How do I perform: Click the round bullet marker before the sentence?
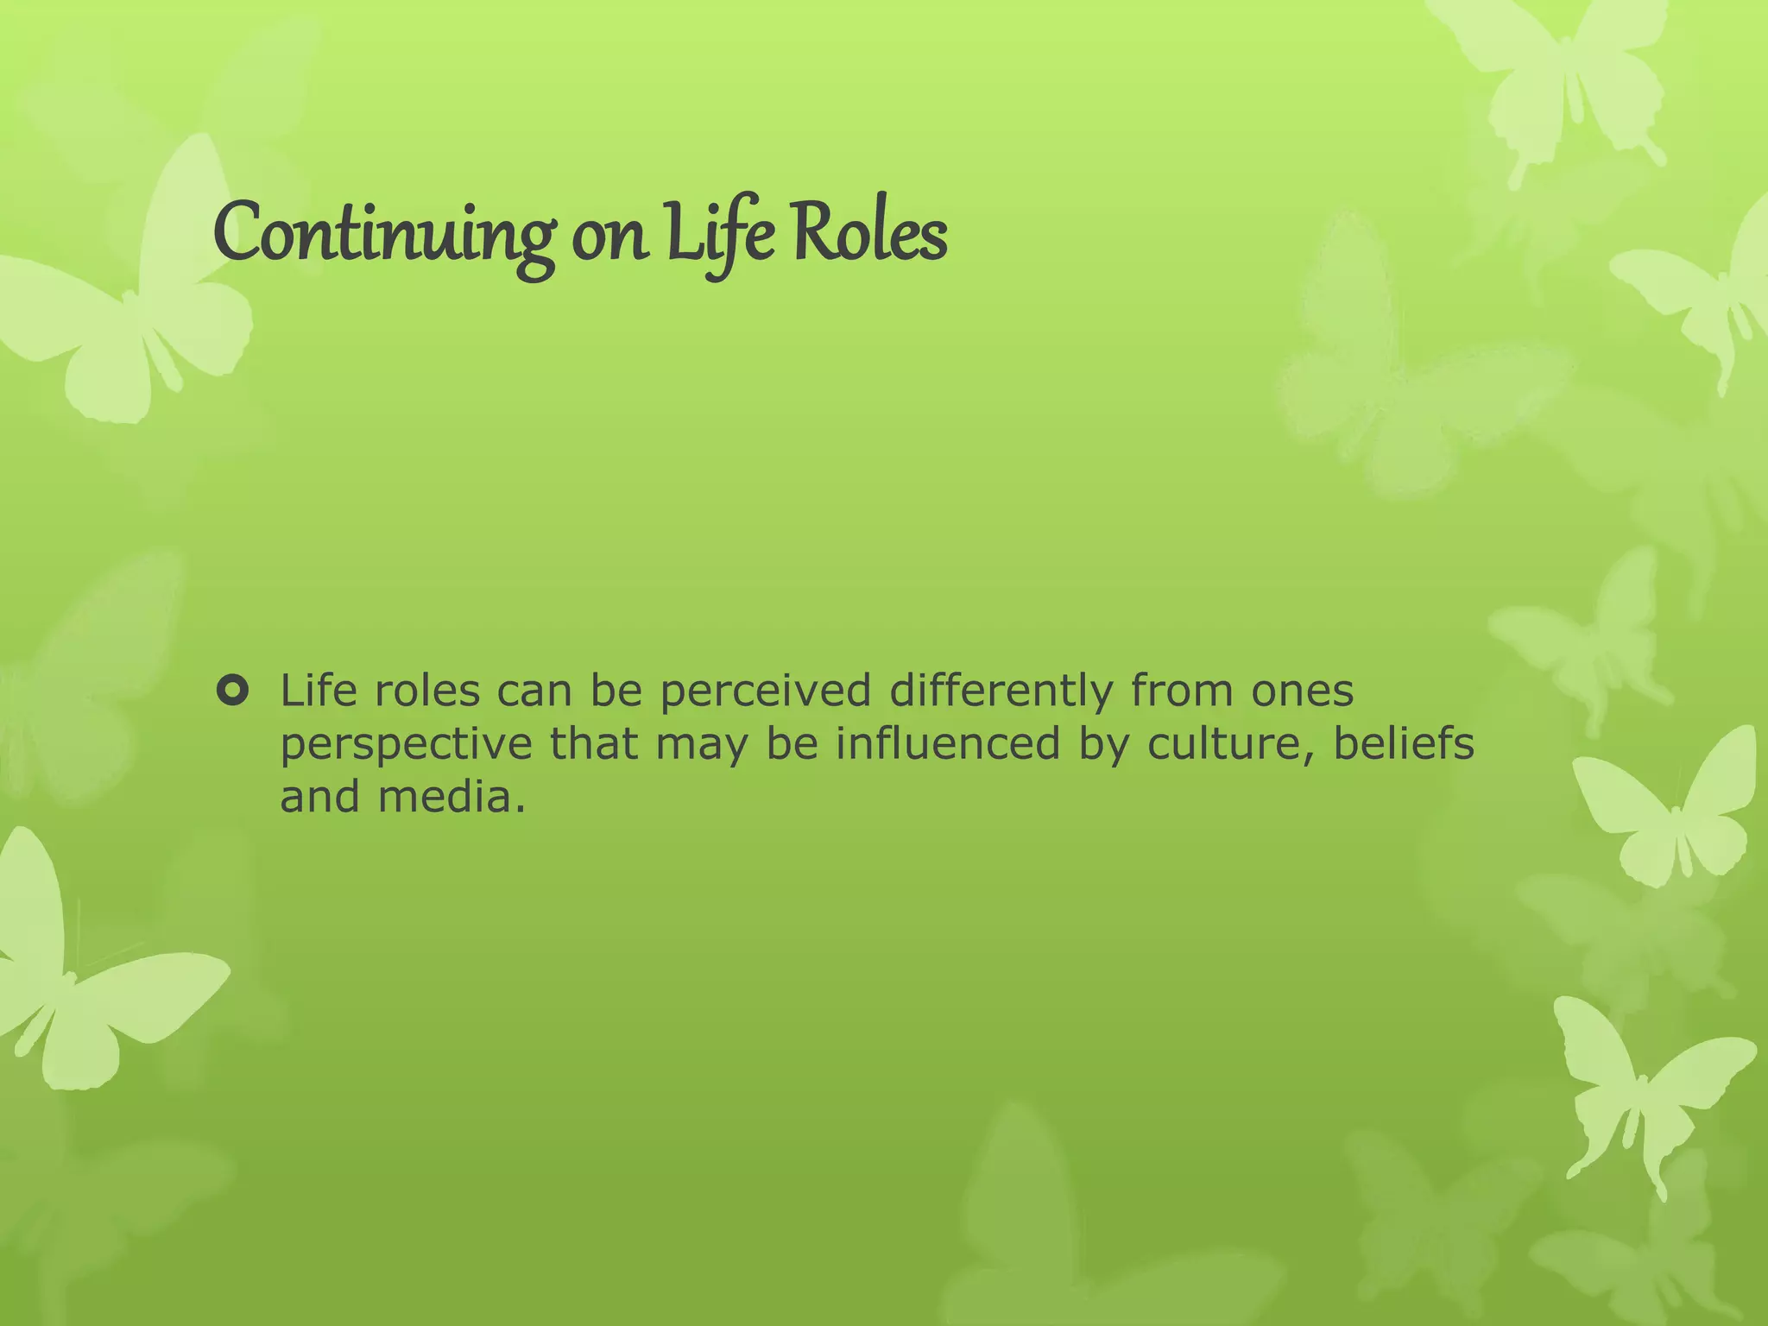pos(233,691)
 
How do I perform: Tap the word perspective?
pos(406,745)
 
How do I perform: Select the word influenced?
pos(947,744)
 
